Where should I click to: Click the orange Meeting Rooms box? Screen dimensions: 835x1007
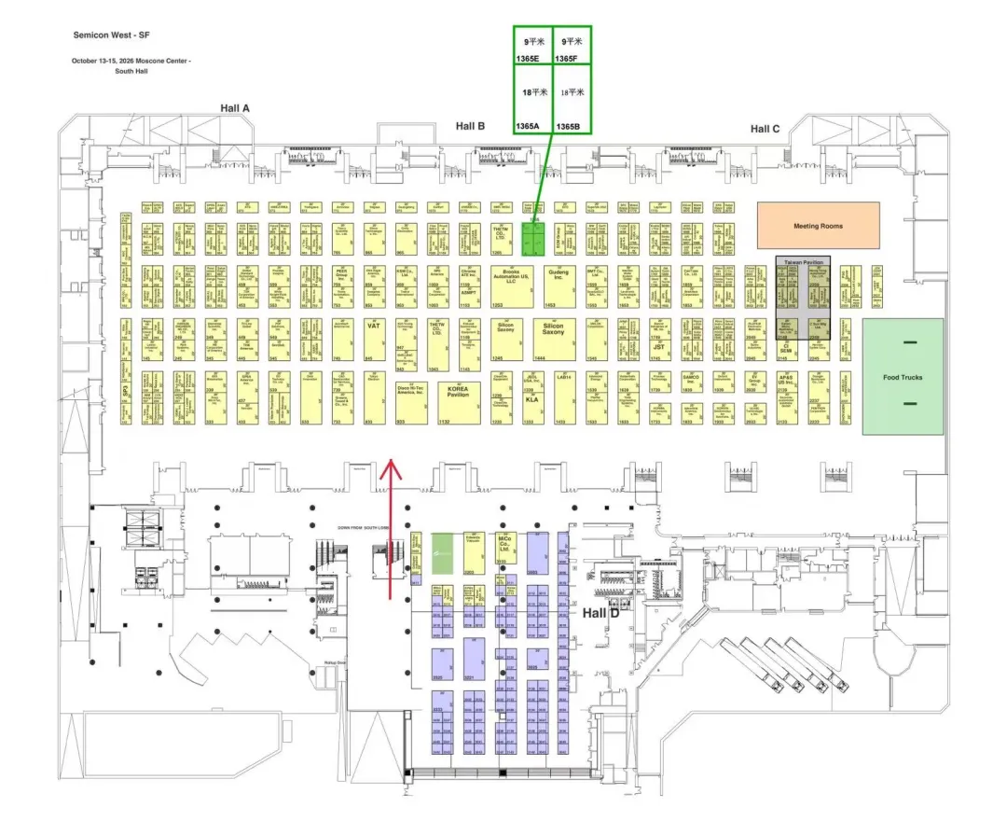tap(818, 226)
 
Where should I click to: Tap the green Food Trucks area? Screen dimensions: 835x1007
tap(903, 376)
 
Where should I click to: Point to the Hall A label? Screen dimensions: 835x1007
tap(235, 108)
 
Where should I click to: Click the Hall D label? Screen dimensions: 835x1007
tap(601, 613)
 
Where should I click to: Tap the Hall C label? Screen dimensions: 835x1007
tap(765, 129)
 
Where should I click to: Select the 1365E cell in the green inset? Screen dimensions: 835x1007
tap(532, 49)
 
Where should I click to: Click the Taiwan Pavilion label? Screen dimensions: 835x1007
tap(803, 264)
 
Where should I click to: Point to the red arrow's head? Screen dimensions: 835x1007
tap(390, 464)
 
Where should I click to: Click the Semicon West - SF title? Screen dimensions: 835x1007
tap(111, 35)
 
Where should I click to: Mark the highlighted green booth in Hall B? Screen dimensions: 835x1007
tap(532, 239)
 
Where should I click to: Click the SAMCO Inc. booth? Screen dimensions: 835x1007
tap(691, 383)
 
